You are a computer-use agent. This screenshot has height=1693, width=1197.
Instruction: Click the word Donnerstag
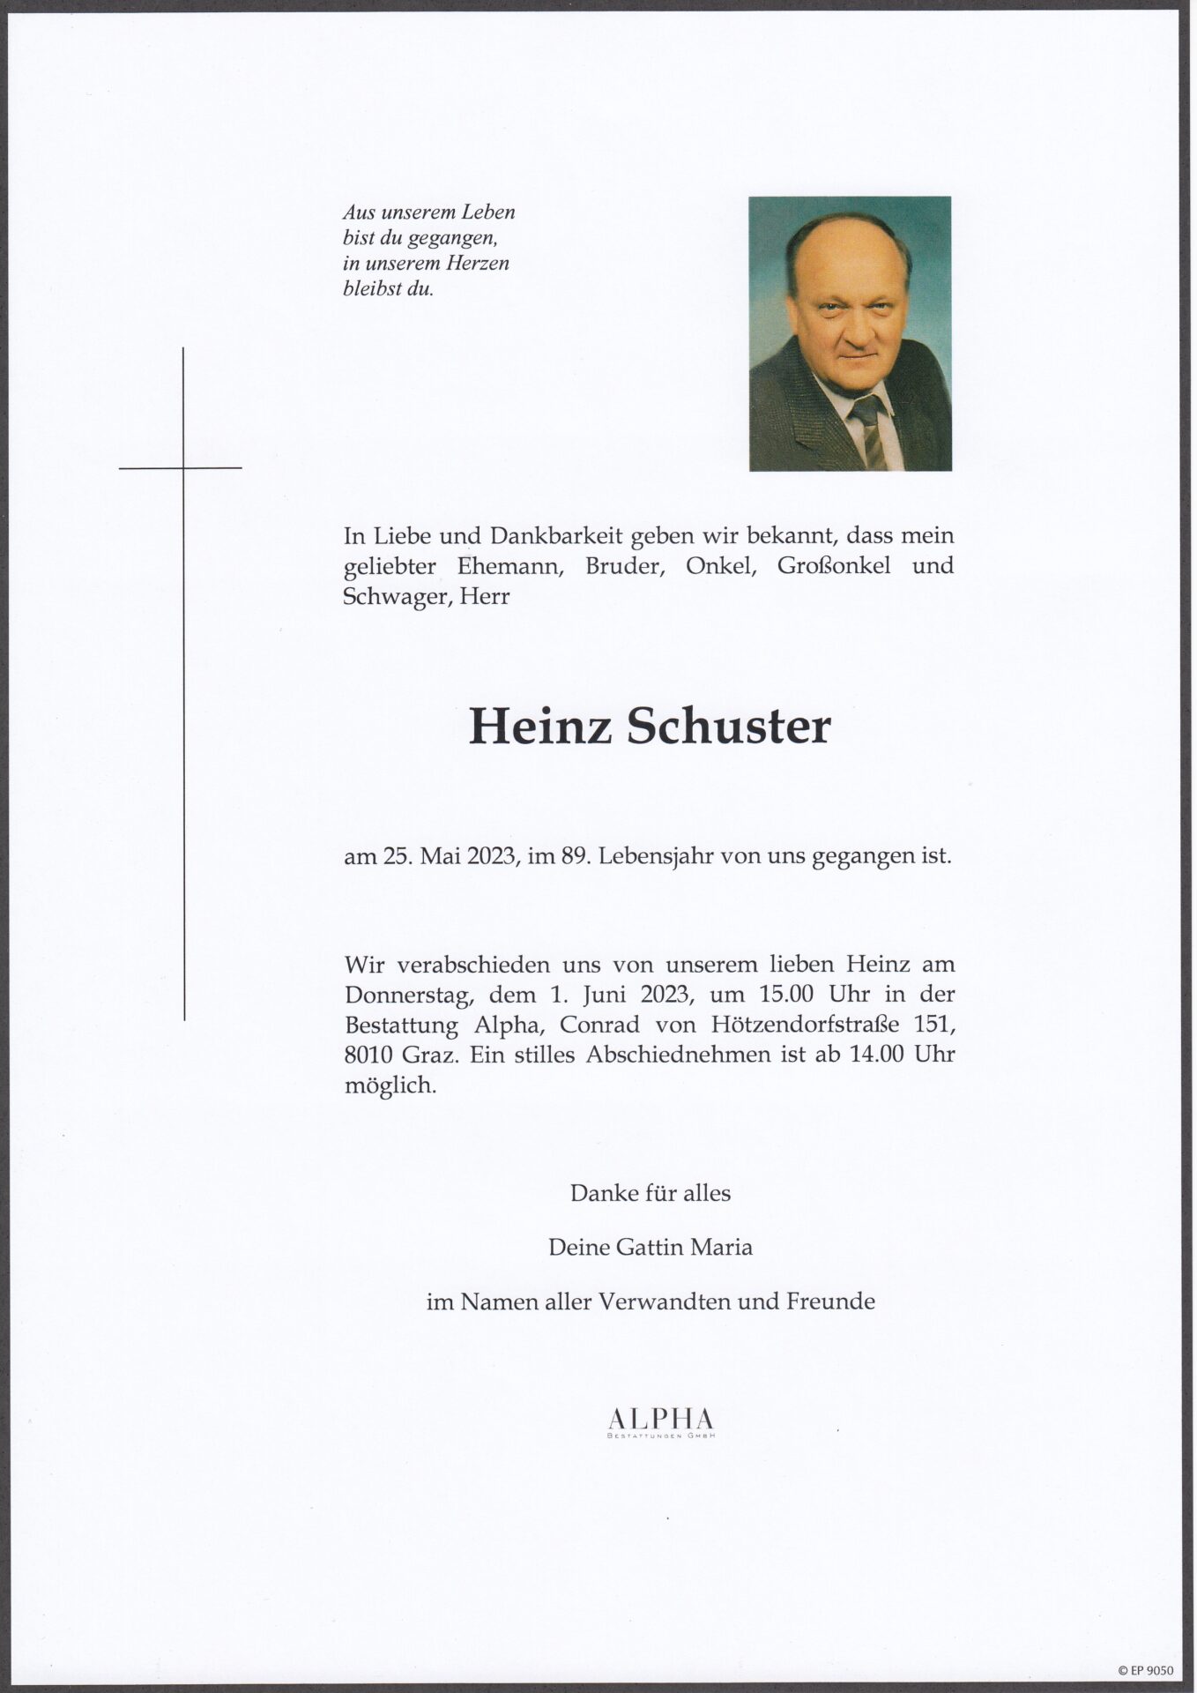tap(399, 995)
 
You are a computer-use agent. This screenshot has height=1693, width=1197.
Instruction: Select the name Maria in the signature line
tap(722, 1248)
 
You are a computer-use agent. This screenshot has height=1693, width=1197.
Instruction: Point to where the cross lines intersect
tap(183, 468)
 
